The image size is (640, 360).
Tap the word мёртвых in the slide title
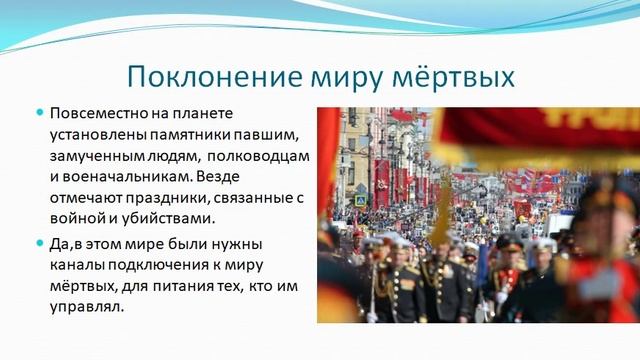tap(456, 77)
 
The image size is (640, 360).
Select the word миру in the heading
tap(347, 77)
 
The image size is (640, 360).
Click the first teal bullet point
tap(40, 112)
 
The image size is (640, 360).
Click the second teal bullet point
tap(40, 243)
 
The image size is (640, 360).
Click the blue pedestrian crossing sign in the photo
tap(360, 199)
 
